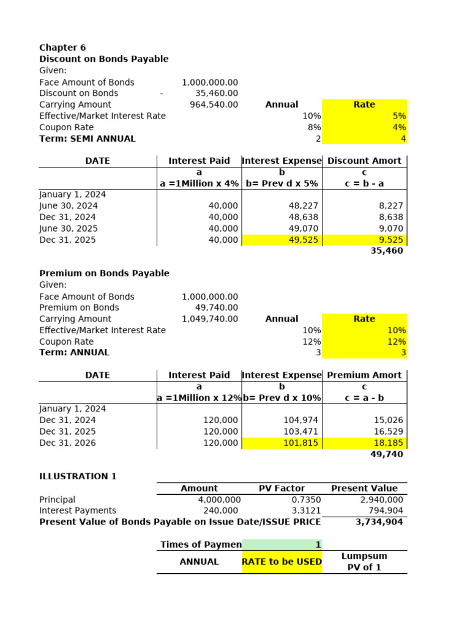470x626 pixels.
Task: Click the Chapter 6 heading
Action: click(x=62, y=48)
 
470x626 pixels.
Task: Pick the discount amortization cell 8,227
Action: click(x=391, y=206)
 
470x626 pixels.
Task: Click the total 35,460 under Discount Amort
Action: click(x=387, y=251)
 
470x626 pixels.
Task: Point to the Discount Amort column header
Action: click(x=364, y=161)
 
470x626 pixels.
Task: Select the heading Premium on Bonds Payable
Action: click(x=104, y=273)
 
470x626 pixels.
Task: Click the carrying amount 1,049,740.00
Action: click(x=210, y=319)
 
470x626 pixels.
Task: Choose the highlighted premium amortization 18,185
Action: click(x=389, y=443)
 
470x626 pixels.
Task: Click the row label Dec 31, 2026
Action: click(x=67, y=443)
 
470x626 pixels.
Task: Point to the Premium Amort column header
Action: click(x=364, y=375)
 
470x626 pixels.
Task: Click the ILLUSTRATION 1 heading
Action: click(x=78, y=476)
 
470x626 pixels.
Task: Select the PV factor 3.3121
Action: click(x=306, y=510)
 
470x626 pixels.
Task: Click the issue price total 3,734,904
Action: click(x=379, y=522)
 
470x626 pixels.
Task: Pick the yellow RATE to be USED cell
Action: click(x=282, y=562)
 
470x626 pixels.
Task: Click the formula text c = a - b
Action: click(x=364, y=398)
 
